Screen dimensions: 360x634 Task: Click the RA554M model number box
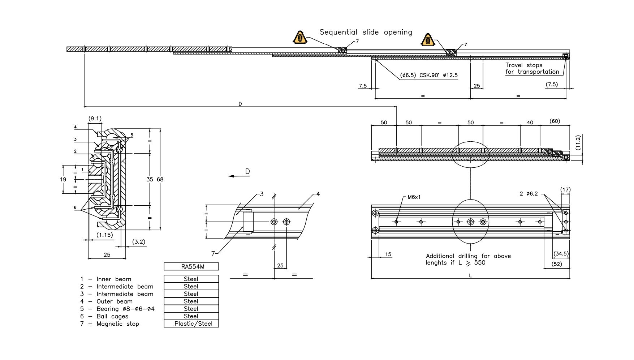pyautogui.click(x=191, y=266)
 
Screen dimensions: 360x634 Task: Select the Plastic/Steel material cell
pyautogui.click(x=191, y=323)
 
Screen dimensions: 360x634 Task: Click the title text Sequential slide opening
pyautogui.click(x=366, y=32)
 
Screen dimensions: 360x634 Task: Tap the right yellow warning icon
pyautogui.click(x=428, y=40)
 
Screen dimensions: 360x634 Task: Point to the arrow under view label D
pyautogui.click(x=236, y=176)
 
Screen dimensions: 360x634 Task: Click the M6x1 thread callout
pyautogui.click(x=414, y=197)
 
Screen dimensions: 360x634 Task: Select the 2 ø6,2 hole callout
pyautogui.click(x=529, y=194)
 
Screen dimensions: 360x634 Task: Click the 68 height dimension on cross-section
pyautogui.click(x=160, y=179)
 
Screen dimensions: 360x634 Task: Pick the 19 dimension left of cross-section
pyautogui.click(x=63, y=179)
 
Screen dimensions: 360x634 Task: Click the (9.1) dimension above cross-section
pyautogui.click(x=95, y=119)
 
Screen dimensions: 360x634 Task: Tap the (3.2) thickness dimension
pyautogui.click(x=138, y=241)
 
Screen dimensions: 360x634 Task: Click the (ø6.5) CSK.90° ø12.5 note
pyautogui.click(x=429, y=75)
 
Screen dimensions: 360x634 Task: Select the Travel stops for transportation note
pyautogui.click(x=532, y=68)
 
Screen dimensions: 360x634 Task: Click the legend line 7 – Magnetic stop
pyautogui.click(x=109, y=323)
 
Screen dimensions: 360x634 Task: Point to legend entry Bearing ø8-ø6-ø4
pyautogui.click(x=117, y=309)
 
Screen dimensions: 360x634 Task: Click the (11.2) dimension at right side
pyautogui.click(x=578, y=142)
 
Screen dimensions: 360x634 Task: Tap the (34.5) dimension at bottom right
pyautogui.click(x=561, y=254)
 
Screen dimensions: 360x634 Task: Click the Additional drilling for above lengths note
pyautogui.click(x=468, y=259)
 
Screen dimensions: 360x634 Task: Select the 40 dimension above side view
pyautogui.click(x=530, y=123)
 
